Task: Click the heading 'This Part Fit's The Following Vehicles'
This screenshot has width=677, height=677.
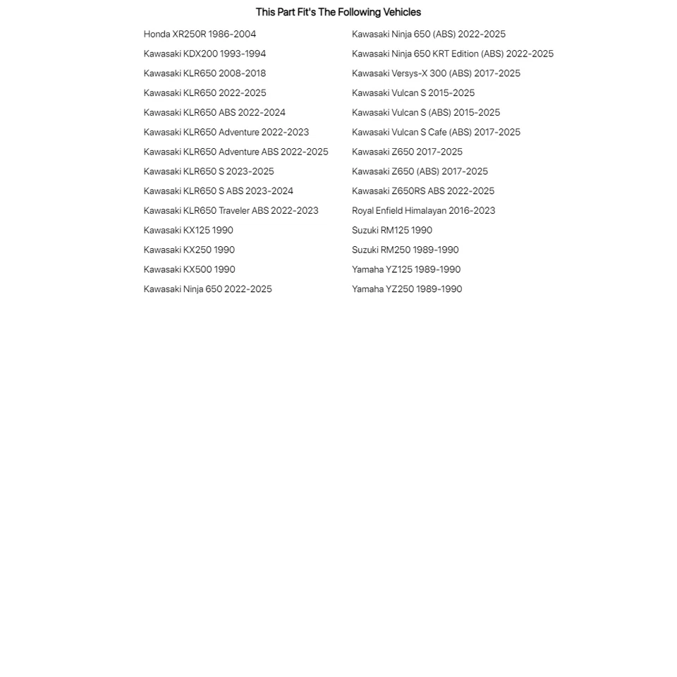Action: [338, 12]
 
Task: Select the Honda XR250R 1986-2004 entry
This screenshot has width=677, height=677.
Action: [200, 34]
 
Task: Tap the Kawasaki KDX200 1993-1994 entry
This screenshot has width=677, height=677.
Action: [205, 54]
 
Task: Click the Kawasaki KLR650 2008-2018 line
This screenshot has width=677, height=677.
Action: [205, 73]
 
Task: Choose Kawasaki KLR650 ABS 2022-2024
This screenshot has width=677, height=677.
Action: [214, 112]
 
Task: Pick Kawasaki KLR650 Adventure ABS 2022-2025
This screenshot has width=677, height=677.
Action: [236, 152]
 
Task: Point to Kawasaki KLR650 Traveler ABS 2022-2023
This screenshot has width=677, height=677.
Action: [231, 210]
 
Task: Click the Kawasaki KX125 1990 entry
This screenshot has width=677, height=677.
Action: [188, 230]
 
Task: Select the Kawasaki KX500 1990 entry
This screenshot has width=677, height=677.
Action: [189, 269]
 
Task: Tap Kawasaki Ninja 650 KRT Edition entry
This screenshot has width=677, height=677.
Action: [452, 54]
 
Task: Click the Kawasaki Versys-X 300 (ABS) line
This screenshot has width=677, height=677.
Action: [436, 73]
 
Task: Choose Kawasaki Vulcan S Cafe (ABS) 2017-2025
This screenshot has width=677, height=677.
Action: [436, 132]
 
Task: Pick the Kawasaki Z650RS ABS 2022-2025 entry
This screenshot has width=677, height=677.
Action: [423, 191]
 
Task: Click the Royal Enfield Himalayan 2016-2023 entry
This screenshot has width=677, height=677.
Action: [423, 210]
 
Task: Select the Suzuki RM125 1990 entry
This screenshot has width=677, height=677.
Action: [392, 230]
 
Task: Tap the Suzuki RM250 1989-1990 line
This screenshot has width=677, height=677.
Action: [405, 250]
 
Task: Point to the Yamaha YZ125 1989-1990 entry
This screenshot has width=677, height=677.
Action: [406, 269]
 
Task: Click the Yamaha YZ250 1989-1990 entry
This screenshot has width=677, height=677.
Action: [407, 289]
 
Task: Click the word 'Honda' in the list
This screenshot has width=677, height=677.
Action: [157, 34]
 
